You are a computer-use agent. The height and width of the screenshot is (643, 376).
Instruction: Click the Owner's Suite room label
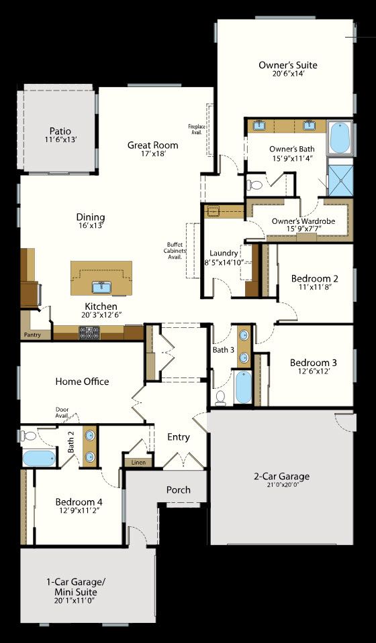(x=288, y=65)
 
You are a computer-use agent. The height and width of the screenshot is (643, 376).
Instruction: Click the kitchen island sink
(x=102, y=287)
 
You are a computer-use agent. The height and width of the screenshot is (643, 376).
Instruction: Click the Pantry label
(x=32, y=334)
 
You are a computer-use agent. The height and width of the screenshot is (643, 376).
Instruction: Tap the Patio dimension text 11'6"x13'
(x=60, y=139)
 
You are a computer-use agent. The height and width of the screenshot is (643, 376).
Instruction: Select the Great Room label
(x=153, y=145)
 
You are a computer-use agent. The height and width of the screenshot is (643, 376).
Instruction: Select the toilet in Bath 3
(x=220, y=397)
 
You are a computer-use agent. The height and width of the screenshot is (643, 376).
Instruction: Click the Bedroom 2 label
(x=314, y=278)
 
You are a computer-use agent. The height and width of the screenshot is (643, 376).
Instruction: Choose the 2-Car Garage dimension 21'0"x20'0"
(x=281, y=485)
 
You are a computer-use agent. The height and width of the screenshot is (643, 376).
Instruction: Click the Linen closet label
(x=138, y=462)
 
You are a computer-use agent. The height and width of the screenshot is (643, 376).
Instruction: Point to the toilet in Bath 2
(x=27, y=436)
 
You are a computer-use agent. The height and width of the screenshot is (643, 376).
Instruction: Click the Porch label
(x=178, y=489)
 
